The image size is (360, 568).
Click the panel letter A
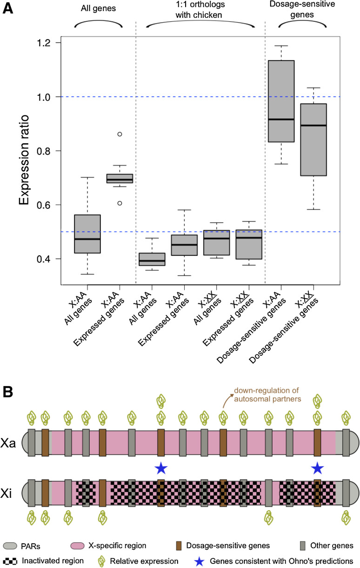pyautogui.click(x=8, y=9)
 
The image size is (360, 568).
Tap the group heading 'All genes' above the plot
pyautogui.click(x=98, y=8)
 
